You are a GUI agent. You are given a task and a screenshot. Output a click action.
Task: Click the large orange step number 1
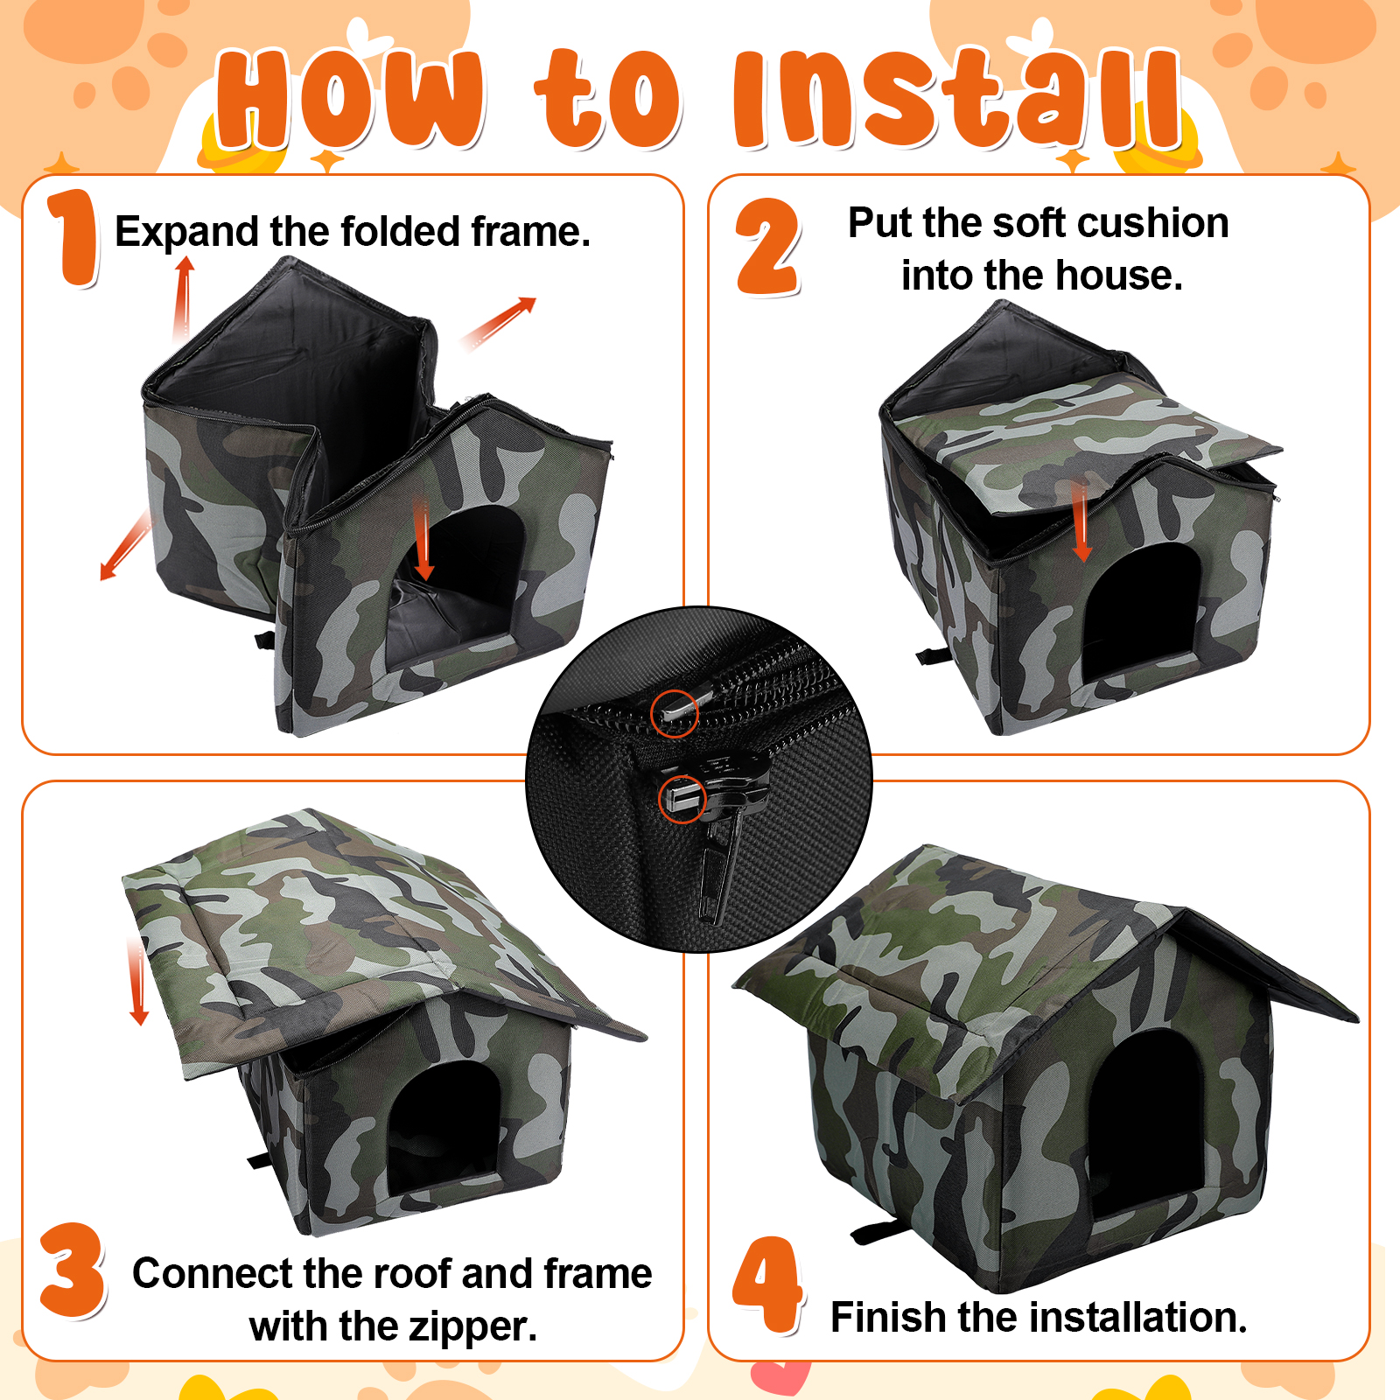click(x=73, y=238)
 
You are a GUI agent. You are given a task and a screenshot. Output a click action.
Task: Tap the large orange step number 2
click(x=768, y=247)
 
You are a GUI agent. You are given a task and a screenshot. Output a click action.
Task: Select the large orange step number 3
click(x=73, y=1270)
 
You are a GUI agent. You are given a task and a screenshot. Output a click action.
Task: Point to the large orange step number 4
click(x=768, y=1284)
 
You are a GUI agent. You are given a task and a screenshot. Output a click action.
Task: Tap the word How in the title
click(x=350, y=98)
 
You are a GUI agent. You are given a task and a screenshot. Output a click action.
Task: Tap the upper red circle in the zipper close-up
click(x=675, y=712)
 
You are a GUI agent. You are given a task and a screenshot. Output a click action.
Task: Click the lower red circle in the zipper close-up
click(x=682, y=799)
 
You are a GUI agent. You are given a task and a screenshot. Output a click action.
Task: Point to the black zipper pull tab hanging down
click(x=716, y=875)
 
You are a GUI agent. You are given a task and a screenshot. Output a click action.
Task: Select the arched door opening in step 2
click(x=1139, y=612)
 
